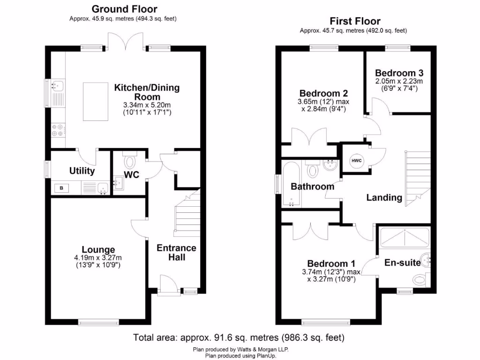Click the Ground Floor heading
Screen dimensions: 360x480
tap(124, 9)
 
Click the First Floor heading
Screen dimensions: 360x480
tap(355, 21)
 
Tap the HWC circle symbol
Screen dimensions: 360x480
tap(356, 161)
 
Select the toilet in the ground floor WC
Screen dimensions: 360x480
tap(129, 162)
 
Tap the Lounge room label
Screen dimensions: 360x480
tap(98, 249)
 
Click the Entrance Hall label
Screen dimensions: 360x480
tap(176, 252)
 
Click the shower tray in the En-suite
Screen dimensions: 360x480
tap(404, 237)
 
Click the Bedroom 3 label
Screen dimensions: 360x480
tap(399, 73)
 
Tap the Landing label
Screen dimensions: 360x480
tap(384, 197)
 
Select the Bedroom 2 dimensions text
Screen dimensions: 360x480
tap(324, 105)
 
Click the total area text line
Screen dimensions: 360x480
tap(239, 337)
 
